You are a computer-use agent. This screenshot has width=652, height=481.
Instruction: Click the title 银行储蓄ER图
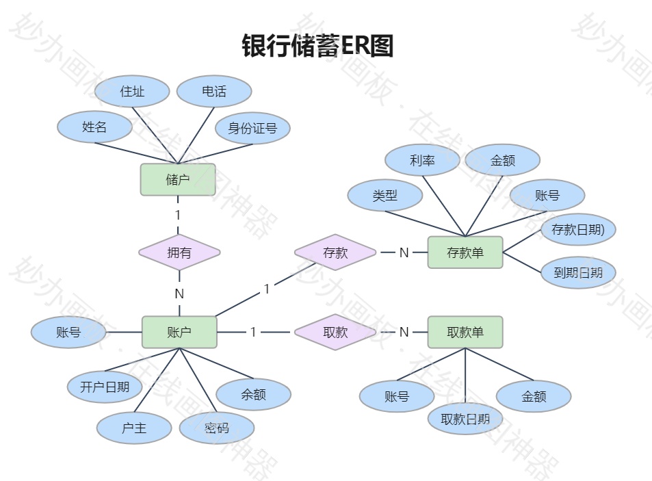pos(318,47)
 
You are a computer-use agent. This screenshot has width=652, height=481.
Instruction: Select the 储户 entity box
pos(178,179)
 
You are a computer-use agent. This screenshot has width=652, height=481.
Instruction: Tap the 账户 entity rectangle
pos(179,333)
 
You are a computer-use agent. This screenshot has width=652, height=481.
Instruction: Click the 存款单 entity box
pos(465,252)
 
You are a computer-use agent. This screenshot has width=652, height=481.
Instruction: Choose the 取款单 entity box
pos(465,333)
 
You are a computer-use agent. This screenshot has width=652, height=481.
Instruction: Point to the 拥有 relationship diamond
pos(179,252)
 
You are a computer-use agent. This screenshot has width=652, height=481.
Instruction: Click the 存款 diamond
pos(335,252)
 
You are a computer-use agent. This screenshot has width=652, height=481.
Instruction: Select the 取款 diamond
pos(335,333)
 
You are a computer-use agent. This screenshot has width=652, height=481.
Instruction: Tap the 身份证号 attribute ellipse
pos(252,128)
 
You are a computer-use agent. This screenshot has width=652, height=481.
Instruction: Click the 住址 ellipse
pos(132,92)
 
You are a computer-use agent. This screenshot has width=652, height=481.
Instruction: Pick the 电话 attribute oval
pos(214,92)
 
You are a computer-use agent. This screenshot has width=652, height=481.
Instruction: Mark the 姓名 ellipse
pos(94,127)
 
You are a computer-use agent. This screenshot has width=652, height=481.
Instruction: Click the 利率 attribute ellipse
pos(422,161)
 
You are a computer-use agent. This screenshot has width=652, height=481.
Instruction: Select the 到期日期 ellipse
pos(578,272)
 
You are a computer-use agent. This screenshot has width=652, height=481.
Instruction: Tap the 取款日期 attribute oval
pos(465,419)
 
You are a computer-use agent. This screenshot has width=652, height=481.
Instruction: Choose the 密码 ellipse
pos(217,428)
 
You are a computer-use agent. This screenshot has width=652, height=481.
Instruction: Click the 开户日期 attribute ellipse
pos(105,387)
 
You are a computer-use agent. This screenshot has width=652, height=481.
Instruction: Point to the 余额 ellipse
pos(253,395)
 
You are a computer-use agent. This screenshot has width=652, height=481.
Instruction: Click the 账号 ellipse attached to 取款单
pos(397,397)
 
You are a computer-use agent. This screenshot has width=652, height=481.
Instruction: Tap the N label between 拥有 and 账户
pos(179,294)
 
